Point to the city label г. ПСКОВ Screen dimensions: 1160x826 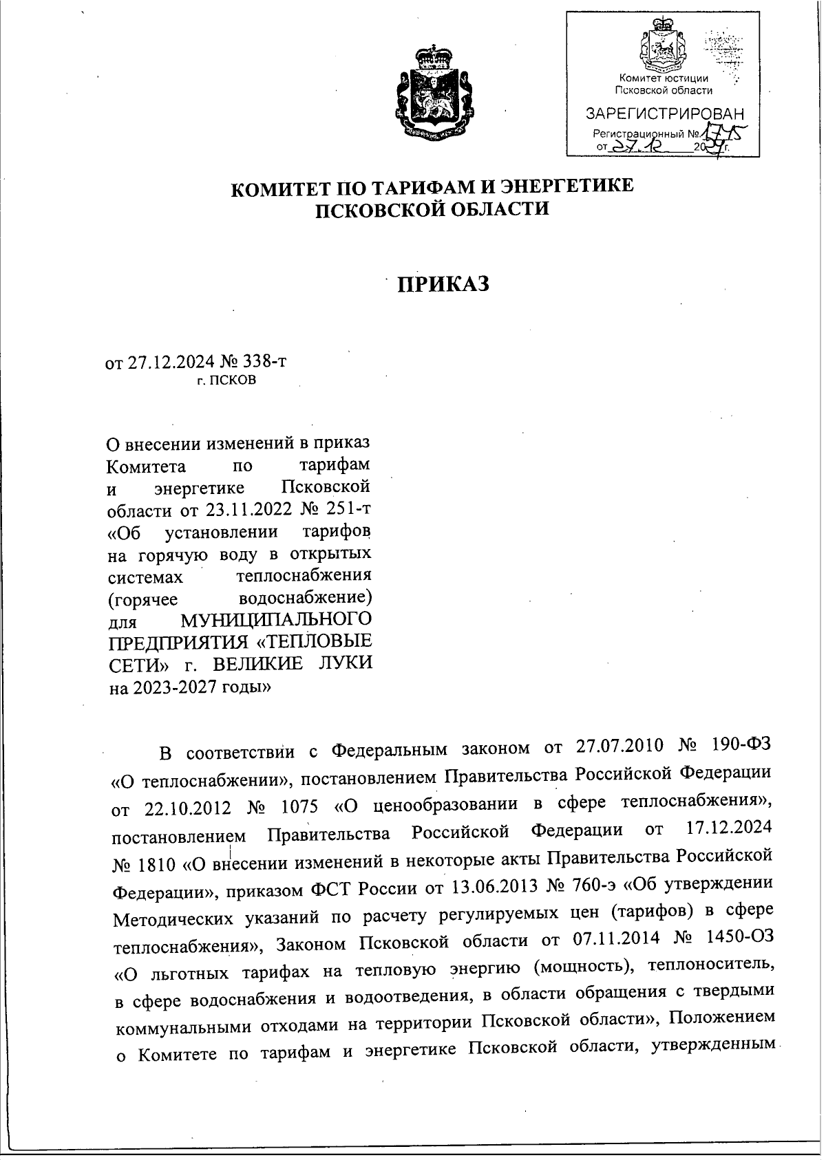(x=226, y=380)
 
